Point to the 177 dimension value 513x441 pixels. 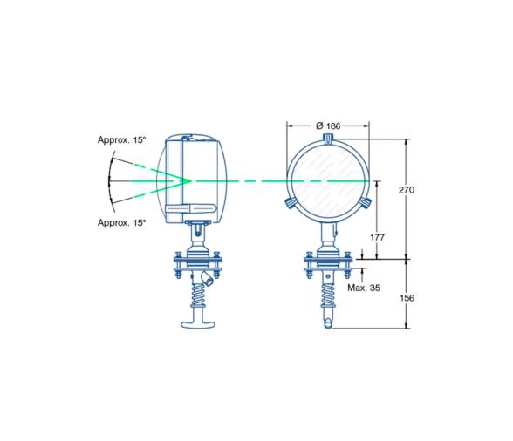pos(378,237)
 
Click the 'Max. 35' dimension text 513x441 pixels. pos(363,286)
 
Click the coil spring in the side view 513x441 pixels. pos(201,300)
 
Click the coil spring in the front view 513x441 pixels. pos(328,297)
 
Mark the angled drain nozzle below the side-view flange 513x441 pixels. pos(208,278)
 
